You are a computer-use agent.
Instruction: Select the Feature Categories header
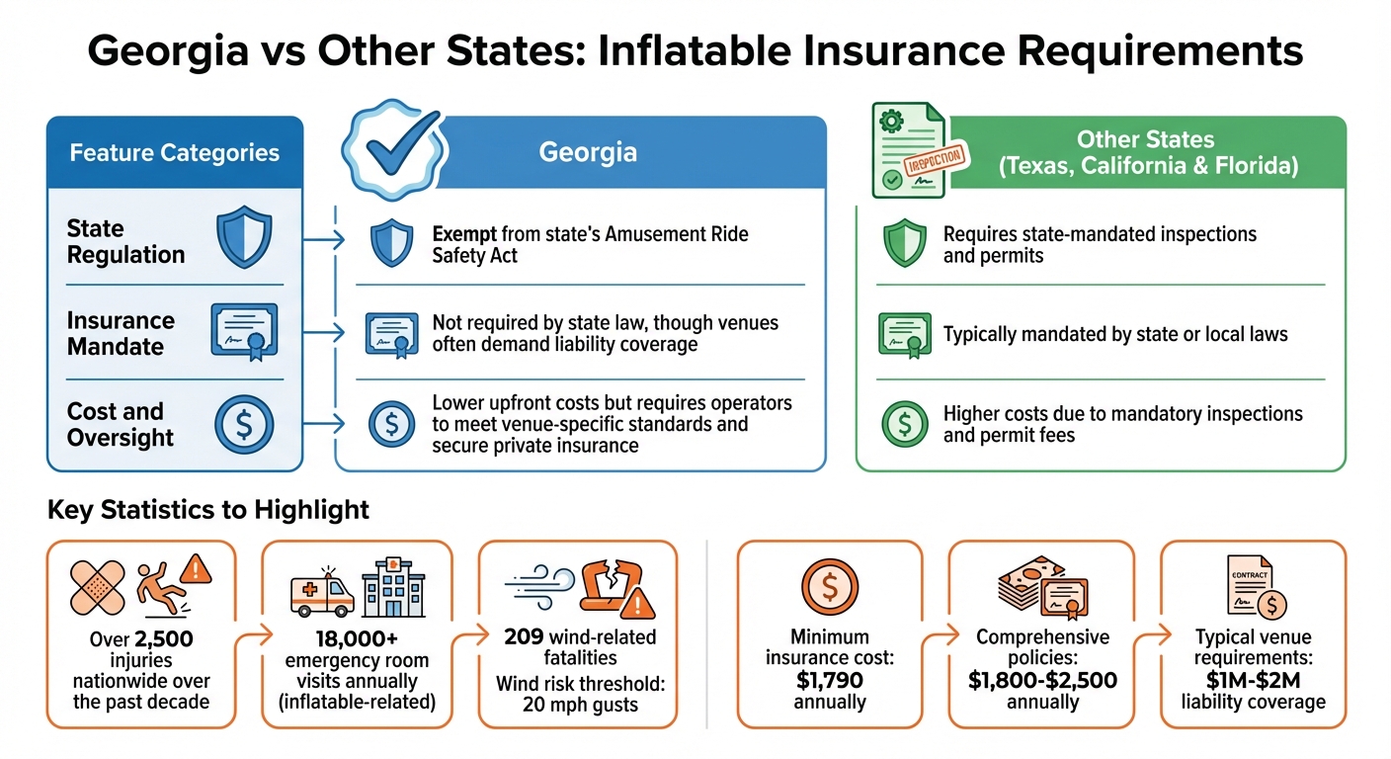tap(174, 153)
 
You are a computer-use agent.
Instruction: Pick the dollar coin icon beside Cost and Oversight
tap(243, 425)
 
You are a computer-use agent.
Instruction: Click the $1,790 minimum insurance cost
tap(829, 681)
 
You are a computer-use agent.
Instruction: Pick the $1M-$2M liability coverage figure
tap(1253, 681)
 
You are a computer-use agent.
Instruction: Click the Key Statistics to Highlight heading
tap(207, 510)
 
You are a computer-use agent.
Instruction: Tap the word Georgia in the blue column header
tap(588, 152)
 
